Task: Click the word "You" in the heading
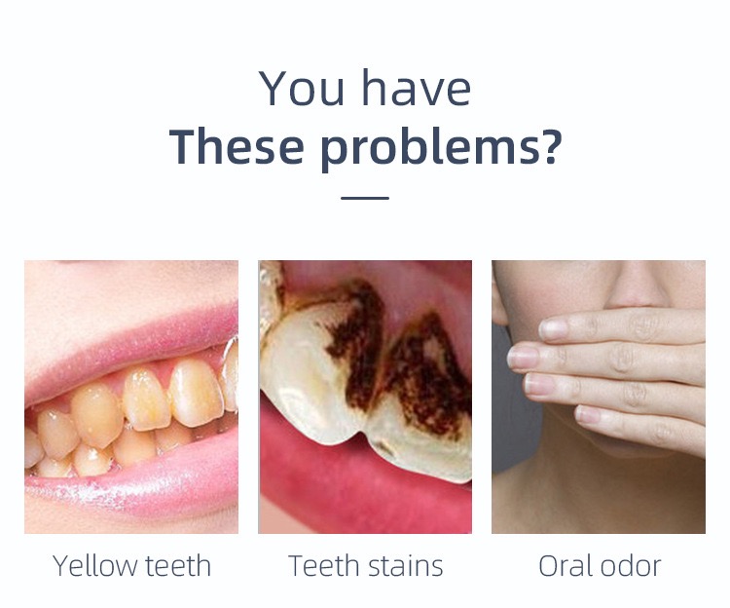(302, 88)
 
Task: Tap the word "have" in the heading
(417, 88)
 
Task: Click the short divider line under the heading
(365, 198)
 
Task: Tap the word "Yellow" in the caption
(93, 566)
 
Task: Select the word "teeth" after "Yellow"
(178, 565)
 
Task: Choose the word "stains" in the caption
(406, 565)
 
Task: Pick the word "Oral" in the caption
(566, 565)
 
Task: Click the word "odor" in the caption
(631, 565)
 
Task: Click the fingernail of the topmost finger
(554, 329)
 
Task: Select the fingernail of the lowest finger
(589, 414)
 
